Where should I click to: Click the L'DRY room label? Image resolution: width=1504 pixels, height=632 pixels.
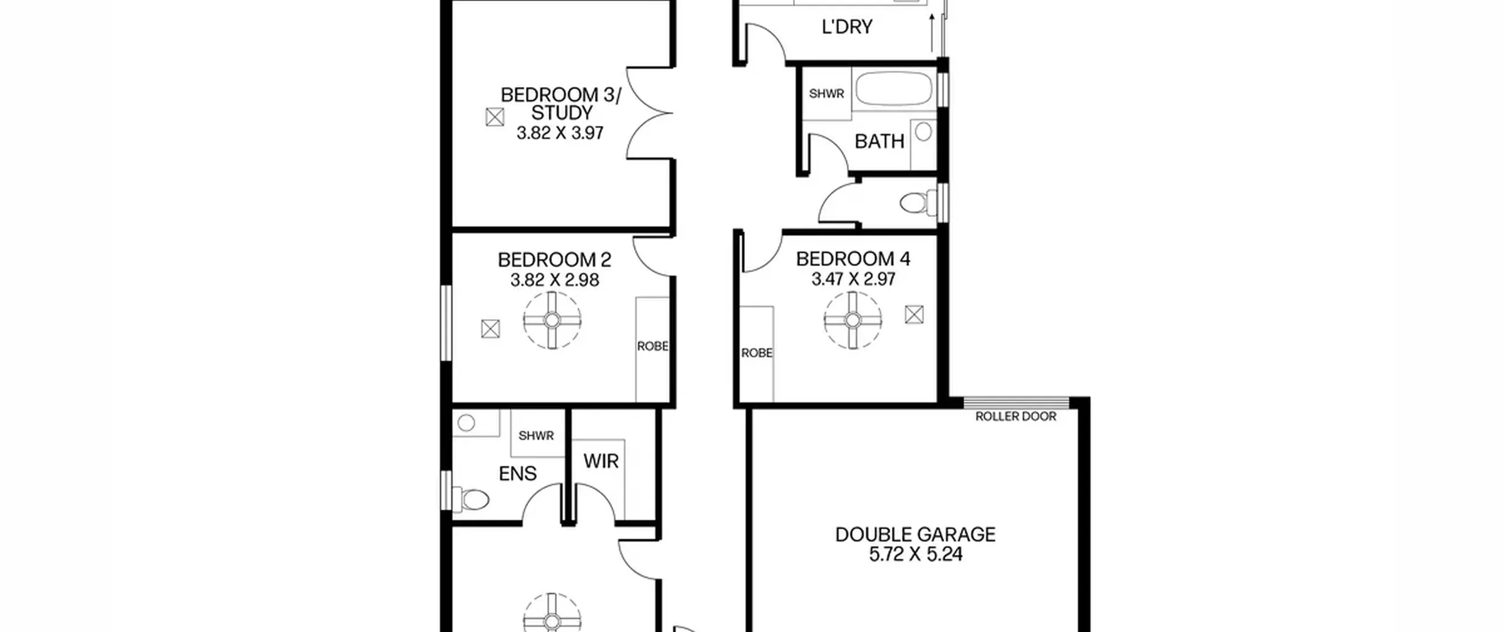point(847,26)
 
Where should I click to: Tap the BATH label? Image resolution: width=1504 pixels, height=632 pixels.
point(879,141)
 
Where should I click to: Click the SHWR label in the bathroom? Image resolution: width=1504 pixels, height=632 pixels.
point(826,93)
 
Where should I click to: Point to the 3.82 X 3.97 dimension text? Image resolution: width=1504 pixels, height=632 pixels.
point(560,133)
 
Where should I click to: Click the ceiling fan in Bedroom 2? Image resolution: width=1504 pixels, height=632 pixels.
point(552,320)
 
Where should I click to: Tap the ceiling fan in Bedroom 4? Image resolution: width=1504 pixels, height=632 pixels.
point(852,320)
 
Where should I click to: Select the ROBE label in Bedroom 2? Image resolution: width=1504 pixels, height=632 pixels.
point(653,346)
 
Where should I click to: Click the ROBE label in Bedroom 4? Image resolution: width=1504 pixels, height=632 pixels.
point(757,353)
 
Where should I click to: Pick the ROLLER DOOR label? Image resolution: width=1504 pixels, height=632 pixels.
point(1016,416)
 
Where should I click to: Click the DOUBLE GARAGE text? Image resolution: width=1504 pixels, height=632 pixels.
point(915,534)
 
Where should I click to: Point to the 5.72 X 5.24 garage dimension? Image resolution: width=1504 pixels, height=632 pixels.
point(915,554)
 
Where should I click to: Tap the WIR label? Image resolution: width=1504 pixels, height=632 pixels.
point(601,462)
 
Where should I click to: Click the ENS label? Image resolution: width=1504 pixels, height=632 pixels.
point(518,473)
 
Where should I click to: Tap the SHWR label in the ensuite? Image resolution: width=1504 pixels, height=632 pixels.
point(536,436)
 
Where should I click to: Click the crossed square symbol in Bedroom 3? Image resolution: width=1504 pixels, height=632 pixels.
point(495,117)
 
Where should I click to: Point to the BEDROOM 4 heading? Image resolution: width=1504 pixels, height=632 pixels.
point(853,259)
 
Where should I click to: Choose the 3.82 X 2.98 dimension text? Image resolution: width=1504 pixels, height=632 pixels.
point(555,280)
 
